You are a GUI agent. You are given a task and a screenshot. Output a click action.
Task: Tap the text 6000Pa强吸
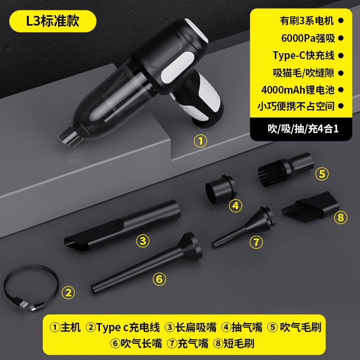coord(304,38)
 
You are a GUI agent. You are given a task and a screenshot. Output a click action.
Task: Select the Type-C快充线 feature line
coord(304,56)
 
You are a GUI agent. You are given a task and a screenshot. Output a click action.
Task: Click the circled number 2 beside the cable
coord(68,293)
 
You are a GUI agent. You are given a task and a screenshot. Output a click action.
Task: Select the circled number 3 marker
coord(143,241)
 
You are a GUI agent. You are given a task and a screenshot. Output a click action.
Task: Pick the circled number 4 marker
coord(235,206)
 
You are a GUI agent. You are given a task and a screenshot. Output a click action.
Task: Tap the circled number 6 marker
coord(158,279)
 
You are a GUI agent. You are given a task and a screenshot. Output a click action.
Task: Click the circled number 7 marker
coord(256,242)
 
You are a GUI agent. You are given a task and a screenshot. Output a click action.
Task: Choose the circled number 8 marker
coord(340,218)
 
